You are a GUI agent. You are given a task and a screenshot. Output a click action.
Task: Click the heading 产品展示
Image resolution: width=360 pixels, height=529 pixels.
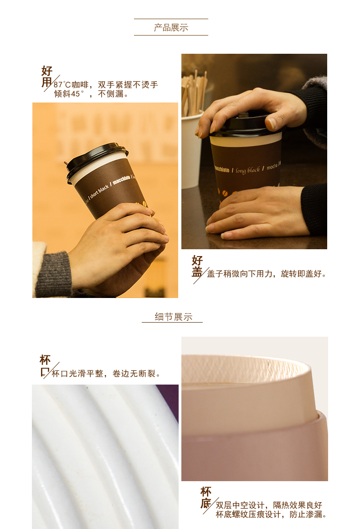click(x=171, y=28)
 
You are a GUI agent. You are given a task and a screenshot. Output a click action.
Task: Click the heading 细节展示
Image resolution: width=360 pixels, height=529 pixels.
click(x=174, y=317)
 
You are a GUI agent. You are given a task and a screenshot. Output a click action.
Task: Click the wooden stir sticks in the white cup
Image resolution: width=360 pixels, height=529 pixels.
click(x=194, y=92)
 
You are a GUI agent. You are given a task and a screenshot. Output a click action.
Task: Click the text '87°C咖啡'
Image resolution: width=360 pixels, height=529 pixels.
click(x=71, y=85)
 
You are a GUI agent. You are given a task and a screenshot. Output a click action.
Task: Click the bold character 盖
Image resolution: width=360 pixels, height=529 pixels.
click(x=197, y=272)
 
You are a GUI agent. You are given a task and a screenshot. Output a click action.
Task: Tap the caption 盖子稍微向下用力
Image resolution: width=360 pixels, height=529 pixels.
click(x=240, y=273)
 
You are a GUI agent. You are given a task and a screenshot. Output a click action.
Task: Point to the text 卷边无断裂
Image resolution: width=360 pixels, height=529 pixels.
click(x=134, y=374)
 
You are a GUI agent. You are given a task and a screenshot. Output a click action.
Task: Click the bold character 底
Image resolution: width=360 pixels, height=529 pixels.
click(x=206, y=503)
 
